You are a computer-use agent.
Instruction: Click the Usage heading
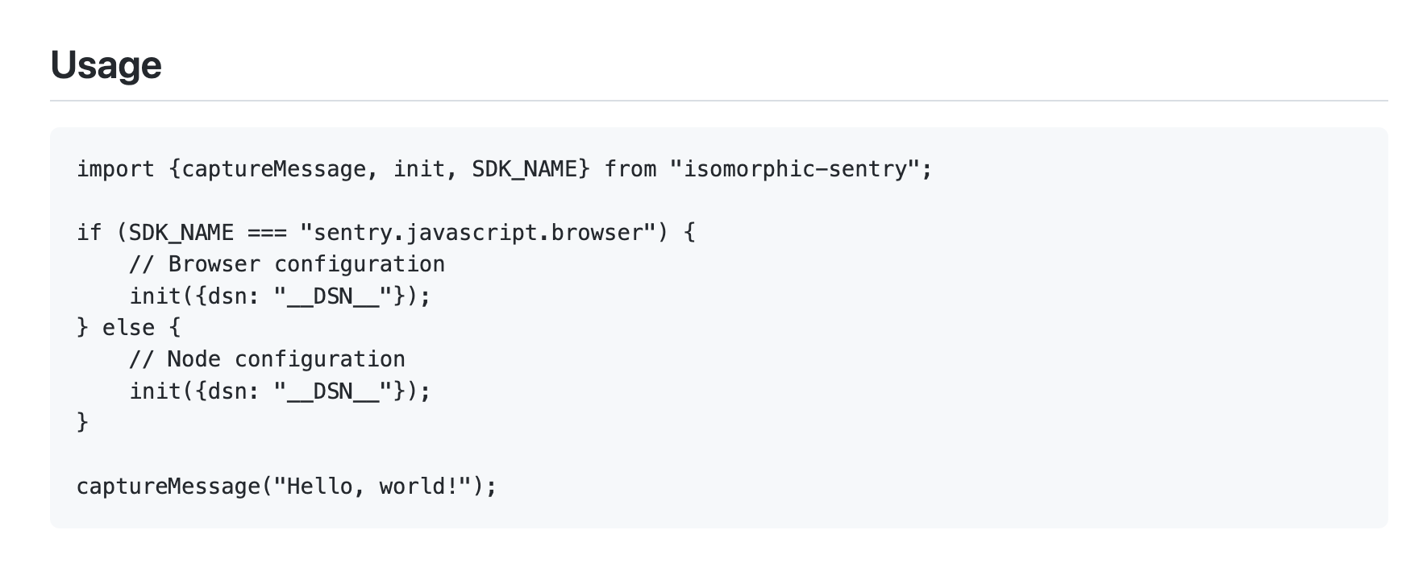click(106, 65)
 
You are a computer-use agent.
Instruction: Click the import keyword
click(115, 169)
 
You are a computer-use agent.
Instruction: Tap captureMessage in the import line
click(274, 169)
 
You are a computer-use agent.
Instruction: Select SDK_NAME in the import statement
click(524, 169)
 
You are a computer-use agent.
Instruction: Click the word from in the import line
click(630, 169)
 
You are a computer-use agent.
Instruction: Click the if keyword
click(89, 233)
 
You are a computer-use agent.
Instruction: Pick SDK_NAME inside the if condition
click(181, 233)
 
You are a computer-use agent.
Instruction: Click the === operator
click(267, 233)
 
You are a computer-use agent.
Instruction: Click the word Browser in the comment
click(214, 264)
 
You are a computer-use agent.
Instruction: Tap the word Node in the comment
click(193, 359)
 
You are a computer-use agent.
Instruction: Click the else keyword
click(128, 328)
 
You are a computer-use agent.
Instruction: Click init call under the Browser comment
click(156, 296)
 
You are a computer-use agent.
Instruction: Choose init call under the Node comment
click(156, 391)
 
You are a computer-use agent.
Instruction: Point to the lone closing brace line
click(82, 422)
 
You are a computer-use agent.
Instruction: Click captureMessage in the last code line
click(168, 487)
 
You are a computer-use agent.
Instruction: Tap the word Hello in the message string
click(319, 487)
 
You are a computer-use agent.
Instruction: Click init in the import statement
click(419, 169)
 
